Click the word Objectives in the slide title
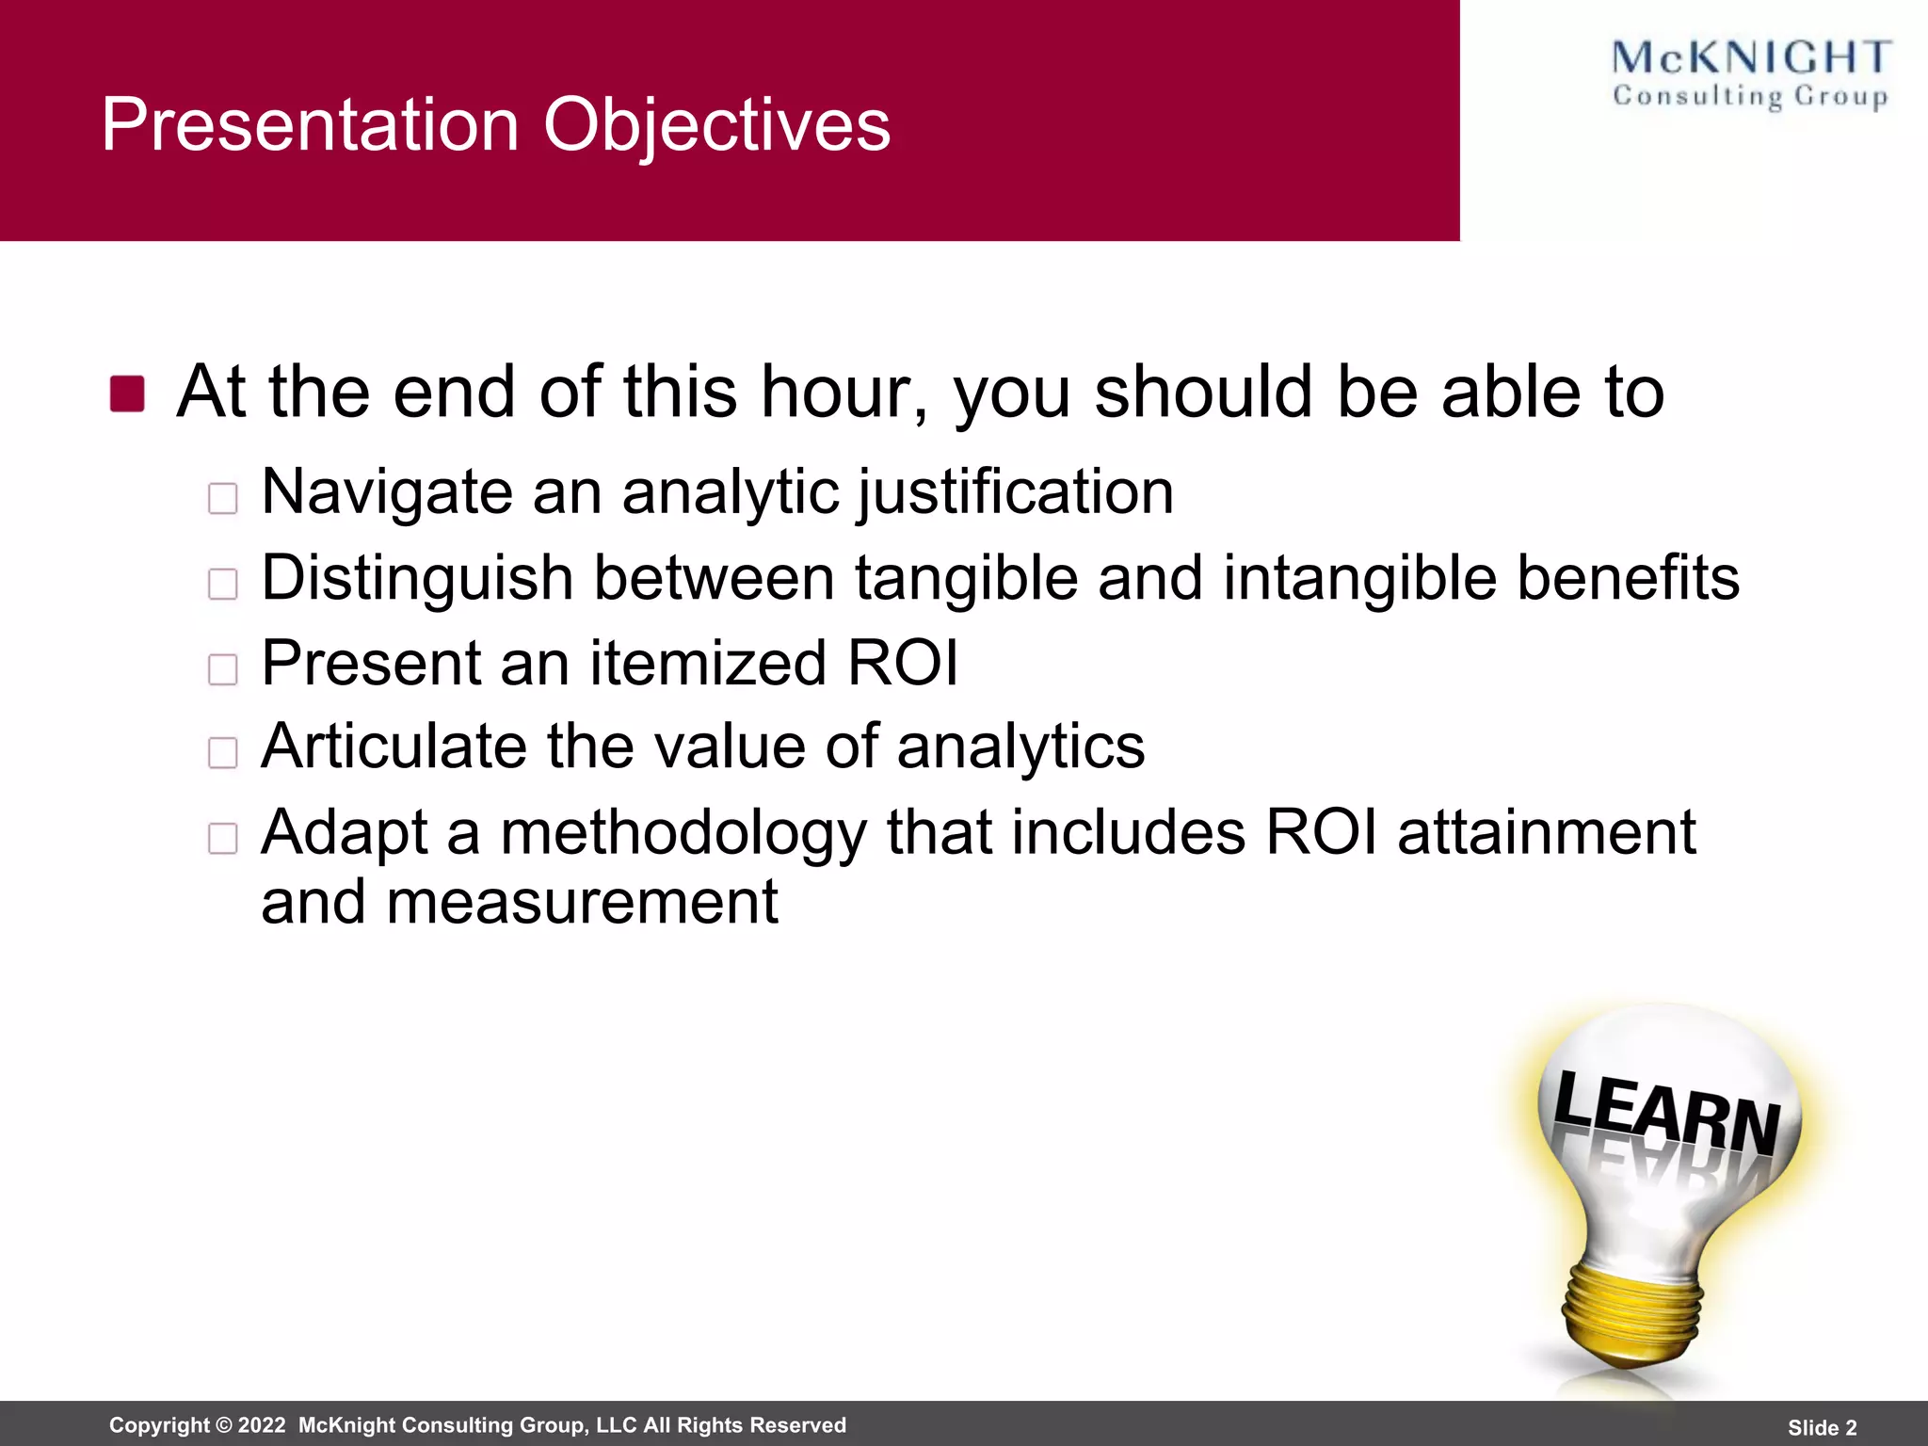click(716, 124)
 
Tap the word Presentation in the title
click(311, 124)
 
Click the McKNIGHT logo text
click(1750, 57)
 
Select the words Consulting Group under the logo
click(1750, 97)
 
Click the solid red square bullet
click(127, 394)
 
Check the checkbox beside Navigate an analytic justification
click(223, 498)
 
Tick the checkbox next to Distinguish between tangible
click(223, 584)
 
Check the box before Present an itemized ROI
click(223, 669)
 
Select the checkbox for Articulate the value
click(223, 753)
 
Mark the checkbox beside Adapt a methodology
click(223, 838)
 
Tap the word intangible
click(1360, 577)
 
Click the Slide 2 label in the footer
click(1822, 1427)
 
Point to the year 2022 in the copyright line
click(261, 1425)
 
